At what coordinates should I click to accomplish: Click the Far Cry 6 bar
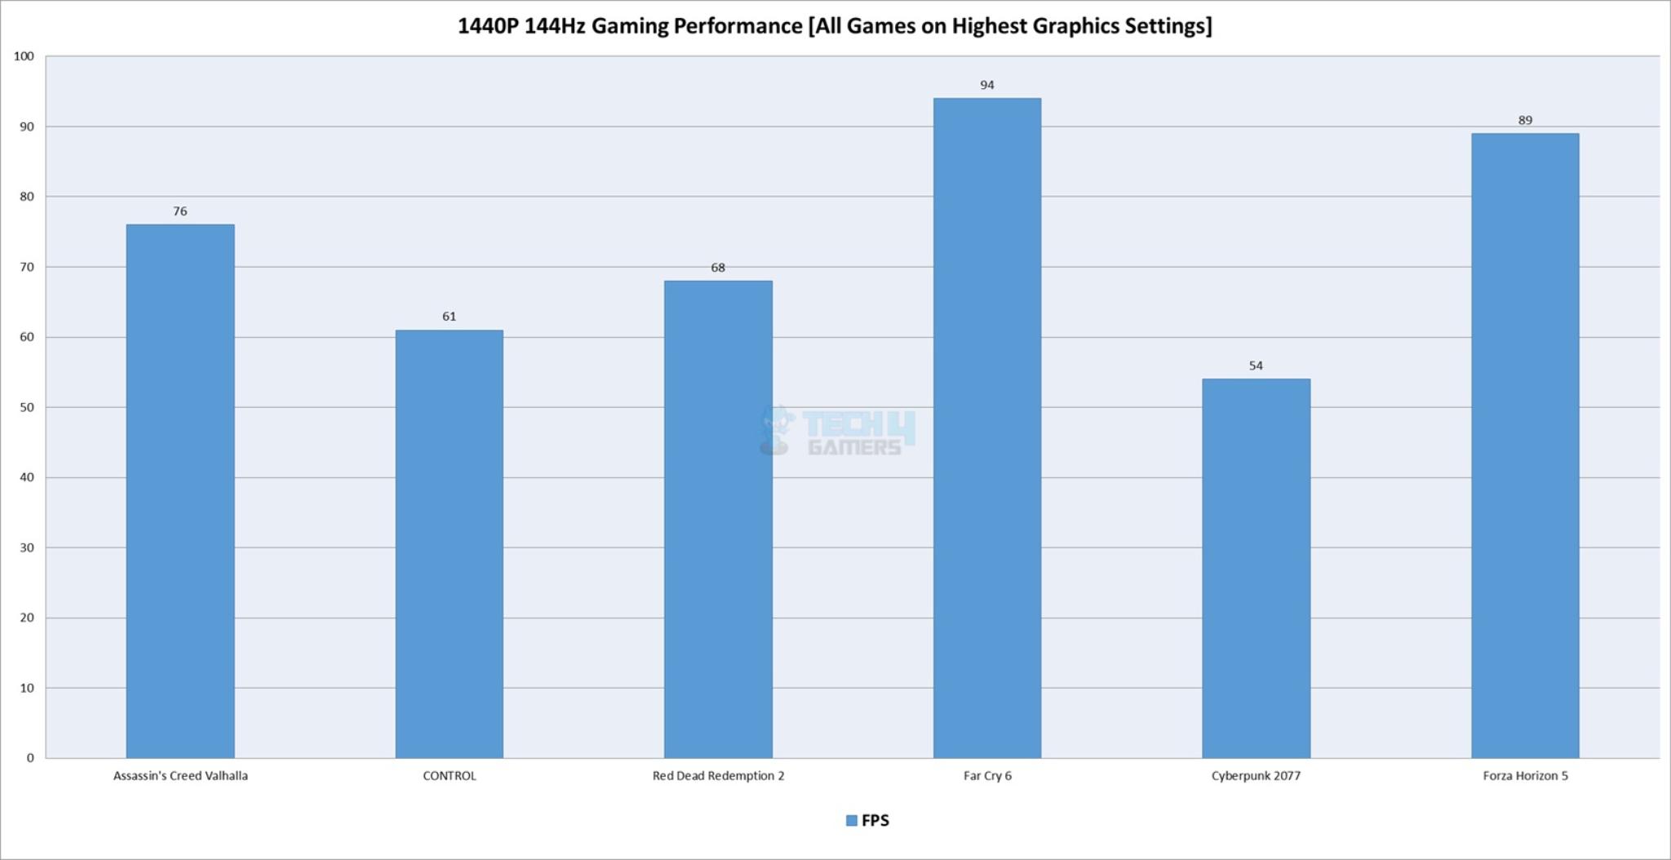click(986, 428)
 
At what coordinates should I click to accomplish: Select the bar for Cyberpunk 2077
click(1256, 569)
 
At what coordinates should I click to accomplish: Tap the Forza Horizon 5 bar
click(1525, 446)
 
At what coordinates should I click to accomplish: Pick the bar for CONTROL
click(449, 544)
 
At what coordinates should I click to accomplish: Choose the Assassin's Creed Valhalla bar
click(180, 491)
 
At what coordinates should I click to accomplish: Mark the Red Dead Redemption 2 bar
click(718, 520)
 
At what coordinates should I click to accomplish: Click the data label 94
click(987, 85)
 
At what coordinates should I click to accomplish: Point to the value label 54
click(1256, 366)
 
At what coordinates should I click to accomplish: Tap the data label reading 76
click(180, 211)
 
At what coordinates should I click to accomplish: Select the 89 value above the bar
click(1525, 120)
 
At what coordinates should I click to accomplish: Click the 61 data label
click(449, 317)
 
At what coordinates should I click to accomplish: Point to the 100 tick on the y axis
click(24, 56)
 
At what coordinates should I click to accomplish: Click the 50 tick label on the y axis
click(27, 407)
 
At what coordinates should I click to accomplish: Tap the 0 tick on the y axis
click(30, 758)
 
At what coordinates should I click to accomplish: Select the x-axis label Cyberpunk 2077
click(1256, 776)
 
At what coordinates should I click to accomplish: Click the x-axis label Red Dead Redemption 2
click(718, 776)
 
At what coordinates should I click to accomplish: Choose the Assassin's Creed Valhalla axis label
click(180, 776)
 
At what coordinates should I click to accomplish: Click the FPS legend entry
click(868, 820)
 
